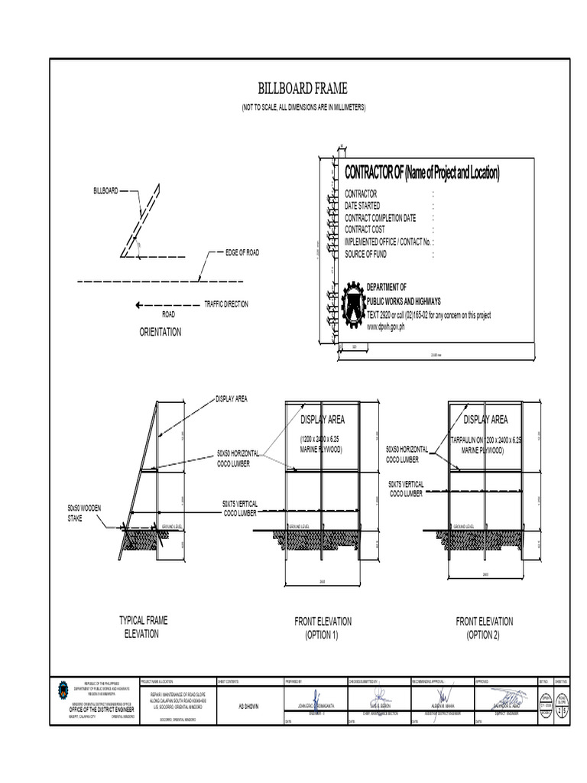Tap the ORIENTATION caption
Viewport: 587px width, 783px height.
(161, 332)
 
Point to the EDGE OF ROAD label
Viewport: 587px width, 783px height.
(242, 252)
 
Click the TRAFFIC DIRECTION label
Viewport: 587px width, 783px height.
(225, 304)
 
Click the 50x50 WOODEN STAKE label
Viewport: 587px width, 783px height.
(84, 514)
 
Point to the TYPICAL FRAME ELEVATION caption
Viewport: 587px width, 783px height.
(142, 627)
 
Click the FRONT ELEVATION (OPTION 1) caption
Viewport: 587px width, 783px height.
(323, 628)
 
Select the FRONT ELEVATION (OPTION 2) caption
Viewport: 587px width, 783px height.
(484, 628)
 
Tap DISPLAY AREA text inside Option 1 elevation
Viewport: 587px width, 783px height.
(323, 419)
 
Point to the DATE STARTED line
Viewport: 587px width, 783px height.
(362, 206)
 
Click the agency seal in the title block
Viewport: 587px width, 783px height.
(63, 690)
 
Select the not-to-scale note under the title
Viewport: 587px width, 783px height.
(304, 107)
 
